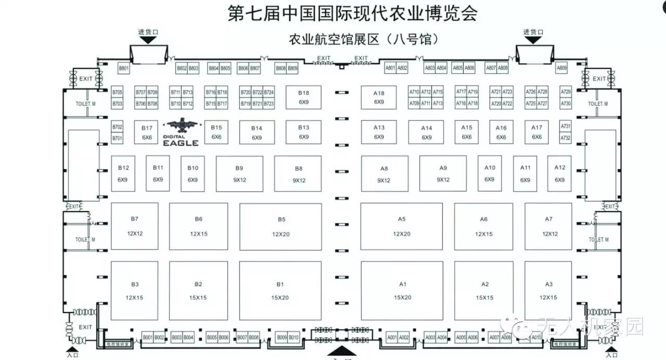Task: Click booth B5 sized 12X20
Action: point(280,226)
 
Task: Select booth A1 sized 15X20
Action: point(402,290)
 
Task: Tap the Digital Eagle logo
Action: point(181,132)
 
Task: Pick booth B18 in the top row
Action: point(303,97)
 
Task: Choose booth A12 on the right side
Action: point(559,173)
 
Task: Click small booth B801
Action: point(123,68)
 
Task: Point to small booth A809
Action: point(561,68)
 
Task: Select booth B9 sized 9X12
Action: point(239,174)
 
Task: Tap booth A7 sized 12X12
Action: point(548,226)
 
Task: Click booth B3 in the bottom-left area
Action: point(134,290)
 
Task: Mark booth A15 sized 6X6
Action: point(467,132)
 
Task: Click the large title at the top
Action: point(353,14)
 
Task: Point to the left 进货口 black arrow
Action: point(144,40)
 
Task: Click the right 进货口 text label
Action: point(533,32)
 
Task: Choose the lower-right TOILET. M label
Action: point(598,239)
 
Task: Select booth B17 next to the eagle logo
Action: point(147,132)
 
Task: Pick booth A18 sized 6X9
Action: point(379,97)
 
